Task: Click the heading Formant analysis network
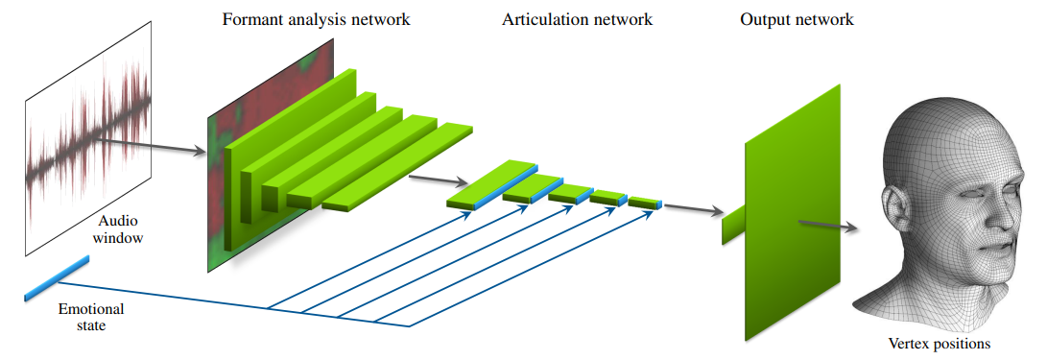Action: tap(316, 19)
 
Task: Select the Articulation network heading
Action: tap(577, 19)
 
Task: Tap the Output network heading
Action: tap(797, 19)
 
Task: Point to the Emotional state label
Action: tap(91, 317)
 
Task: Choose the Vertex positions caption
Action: tap(939, 345)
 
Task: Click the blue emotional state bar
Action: tap(57, 277)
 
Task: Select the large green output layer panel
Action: tap(792, 213)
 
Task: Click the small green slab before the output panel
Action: tap(732, 225)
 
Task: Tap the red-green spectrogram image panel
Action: tap(270, 155)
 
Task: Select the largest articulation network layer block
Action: tap(492, 185)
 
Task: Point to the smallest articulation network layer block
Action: tap(645, 202)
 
